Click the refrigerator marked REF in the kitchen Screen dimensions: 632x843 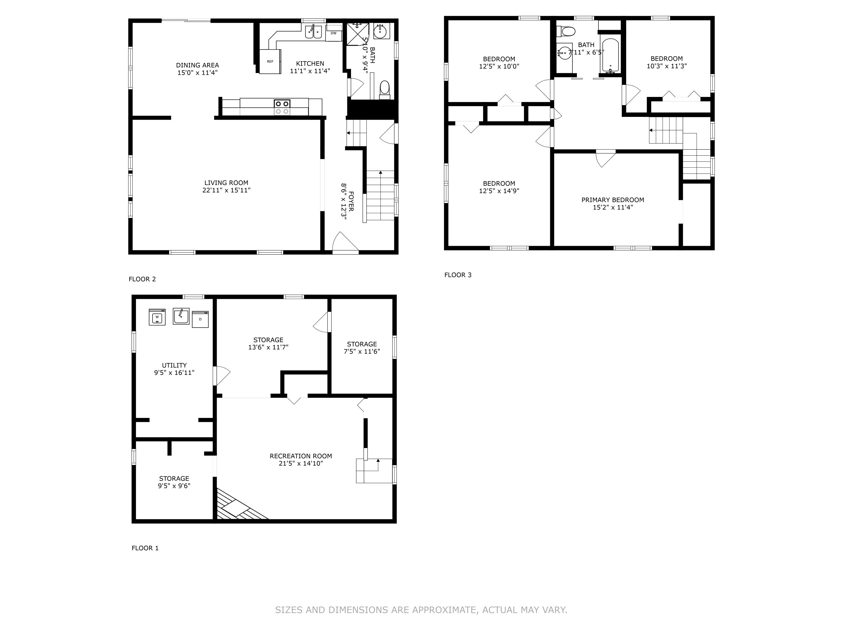[270, 61]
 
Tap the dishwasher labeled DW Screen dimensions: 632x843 [334, 33]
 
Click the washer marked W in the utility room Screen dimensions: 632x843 [157, 317]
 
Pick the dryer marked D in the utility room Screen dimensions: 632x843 [200, 319]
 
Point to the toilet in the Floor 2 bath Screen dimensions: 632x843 [384, 89]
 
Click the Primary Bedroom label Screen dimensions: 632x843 [612, 200]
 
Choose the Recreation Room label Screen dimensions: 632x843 [301, 456]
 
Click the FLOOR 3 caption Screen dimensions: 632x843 [458, 275]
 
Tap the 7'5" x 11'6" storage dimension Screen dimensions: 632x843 [362, 351]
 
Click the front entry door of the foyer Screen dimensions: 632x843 [346, 244]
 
